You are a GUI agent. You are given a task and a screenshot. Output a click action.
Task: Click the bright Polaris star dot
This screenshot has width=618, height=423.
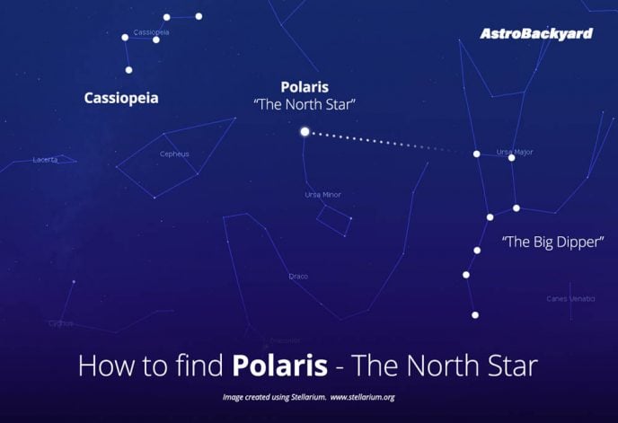coord(305,132)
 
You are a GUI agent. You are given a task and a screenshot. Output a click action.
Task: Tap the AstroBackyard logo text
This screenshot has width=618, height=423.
coord(536,34)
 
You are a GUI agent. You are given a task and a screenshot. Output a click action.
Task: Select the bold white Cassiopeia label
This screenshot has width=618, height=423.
coord(121,98)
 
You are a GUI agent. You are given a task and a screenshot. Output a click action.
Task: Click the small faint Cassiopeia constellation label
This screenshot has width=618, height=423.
coord(151,32)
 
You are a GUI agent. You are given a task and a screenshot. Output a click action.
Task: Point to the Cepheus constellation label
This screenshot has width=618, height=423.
coord(174,154)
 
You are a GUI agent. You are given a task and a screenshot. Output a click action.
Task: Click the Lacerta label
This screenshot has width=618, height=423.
coord(45,160)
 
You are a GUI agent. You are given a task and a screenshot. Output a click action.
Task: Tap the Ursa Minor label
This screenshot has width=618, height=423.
coord(322,195)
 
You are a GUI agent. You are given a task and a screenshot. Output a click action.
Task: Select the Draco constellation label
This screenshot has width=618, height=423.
coord(298,276)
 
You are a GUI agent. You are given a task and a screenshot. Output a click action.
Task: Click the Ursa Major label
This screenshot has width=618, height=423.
coord(515,152)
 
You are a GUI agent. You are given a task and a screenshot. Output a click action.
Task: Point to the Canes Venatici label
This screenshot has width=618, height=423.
coord(570,298)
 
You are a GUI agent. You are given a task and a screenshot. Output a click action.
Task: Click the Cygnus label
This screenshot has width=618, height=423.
coord(61,323)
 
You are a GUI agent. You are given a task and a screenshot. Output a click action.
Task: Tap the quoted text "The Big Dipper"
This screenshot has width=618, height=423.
coord(551,242)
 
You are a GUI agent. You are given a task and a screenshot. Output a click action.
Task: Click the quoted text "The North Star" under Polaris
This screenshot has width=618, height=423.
coord(305,105)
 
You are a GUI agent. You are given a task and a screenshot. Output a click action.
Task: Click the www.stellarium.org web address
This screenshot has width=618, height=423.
coord(363,396)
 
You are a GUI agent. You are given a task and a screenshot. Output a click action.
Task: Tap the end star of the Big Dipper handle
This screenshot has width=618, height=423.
coord(475,314)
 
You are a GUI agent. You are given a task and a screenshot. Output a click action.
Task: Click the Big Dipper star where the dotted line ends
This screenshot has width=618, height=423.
coord(477,154)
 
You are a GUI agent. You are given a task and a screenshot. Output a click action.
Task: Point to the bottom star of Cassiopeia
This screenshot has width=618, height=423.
coord(128,69)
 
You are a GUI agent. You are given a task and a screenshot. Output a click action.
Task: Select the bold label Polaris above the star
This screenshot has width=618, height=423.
coord(305,87)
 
